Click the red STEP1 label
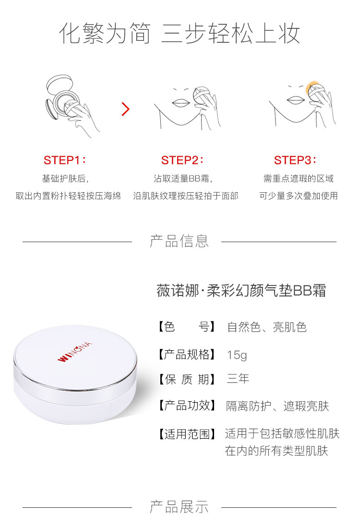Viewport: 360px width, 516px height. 65,160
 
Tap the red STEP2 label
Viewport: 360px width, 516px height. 182,160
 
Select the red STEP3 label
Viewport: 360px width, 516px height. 295,160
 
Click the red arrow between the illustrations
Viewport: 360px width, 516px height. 125,109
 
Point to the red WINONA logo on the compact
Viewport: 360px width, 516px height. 74,352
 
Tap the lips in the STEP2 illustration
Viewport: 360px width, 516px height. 180,102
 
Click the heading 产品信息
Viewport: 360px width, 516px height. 179,241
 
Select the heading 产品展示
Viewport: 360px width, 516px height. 179,507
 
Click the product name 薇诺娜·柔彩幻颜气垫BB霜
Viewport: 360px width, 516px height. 241,291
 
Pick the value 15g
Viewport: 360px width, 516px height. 237,355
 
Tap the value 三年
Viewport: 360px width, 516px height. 238,379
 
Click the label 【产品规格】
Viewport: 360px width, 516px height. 186,355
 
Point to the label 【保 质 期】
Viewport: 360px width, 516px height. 186,379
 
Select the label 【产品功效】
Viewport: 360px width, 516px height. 186,405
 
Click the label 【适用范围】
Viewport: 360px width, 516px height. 186,434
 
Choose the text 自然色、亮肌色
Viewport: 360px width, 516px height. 266,327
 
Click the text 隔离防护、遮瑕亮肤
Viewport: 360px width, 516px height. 277,406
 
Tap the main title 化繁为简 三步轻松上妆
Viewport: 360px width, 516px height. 180,33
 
